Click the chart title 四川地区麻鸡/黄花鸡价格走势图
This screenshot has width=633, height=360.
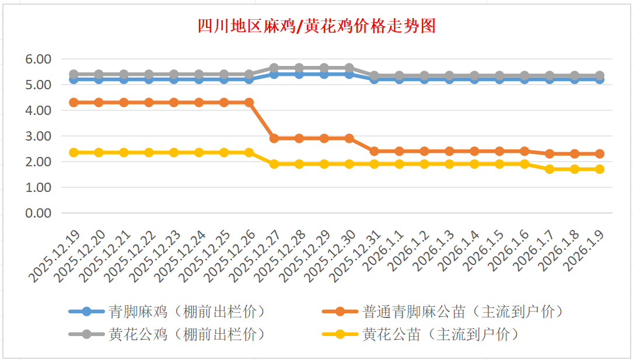[316, 26]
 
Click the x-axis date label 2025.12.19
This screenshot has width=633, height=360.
[56, 255]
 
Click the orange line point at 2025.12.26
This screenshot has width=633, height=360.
[249, 102]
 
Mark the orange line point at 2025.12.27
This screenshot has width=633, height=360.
[274, 138]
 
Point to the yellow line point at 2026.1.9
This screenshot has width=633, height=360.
[599, 169]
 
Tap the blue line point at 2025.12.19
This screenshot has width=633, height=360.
[74, 79]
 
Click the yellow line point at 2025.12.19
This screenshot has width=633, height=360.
[74, 152]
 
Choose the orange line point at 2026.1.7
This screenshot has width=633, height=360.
[549, 153]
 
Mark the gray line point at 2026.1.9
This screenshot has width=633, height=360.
[599, 75]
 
